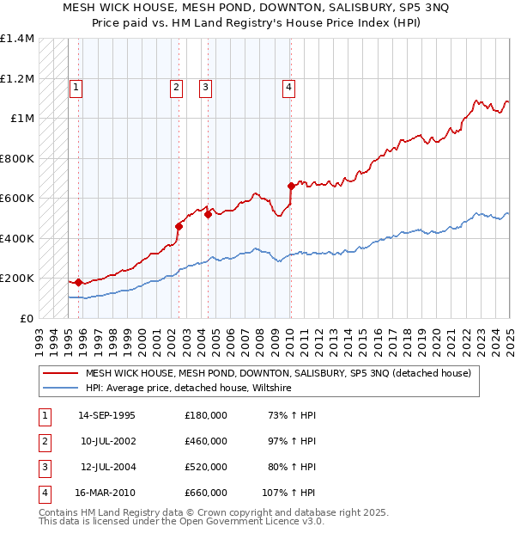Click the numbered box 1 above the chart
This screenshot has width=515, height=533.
tap(76, 86)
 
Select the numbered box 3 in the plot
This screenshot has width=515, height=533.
tap(206, 86)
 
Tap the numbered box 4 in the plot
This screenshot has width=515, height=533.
tap(289, 86)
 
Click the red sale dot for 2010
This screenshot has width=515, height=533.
tap(291, 186)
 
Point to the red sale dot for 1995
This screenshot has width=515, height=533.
tap(79, 282)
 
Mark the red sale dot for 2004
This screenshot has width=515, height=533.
tap(208, 214)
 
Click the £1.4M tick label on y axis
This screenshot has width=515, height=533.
tap(17, 39)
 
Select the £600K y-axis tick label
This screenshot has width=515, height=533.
tap(17, 199)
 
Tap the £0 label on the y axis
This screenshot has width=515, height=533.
tap(26, 318)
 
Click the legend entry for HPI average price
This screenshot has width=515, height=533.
tap(189, 389)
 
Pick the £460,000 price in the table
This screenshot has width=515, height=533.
tap(206, 441)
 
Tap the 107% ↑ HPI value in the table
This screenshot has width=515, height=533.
tap(289, 493)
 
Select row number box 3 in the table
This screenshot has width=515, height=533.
tap(43, 467)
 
